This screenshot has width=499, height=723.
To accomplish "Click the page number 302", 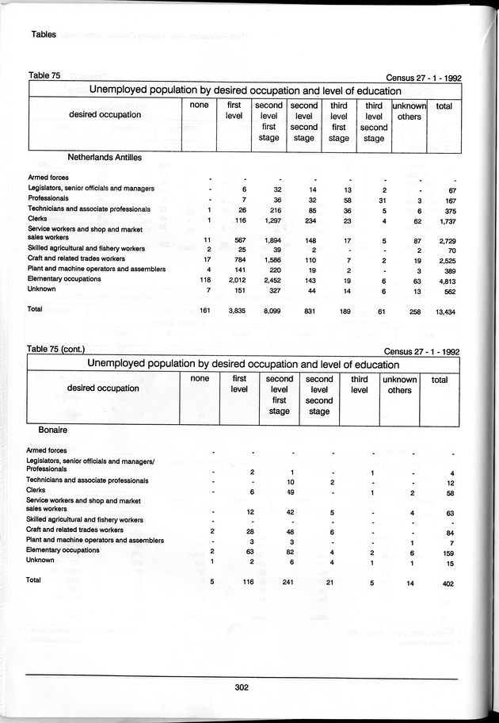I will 242,687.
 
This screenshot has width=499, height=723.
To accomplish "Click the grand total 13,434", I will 445,312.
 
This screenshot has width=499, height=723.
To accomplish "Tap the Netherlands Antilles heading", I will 105,158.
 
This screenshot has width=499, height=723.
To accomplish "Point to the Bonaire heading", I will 52,429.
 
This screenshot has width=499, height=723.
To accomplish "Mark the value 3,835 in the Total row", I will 232,312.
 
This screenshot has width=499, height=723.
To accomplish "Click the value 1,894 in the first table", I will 268,239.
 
